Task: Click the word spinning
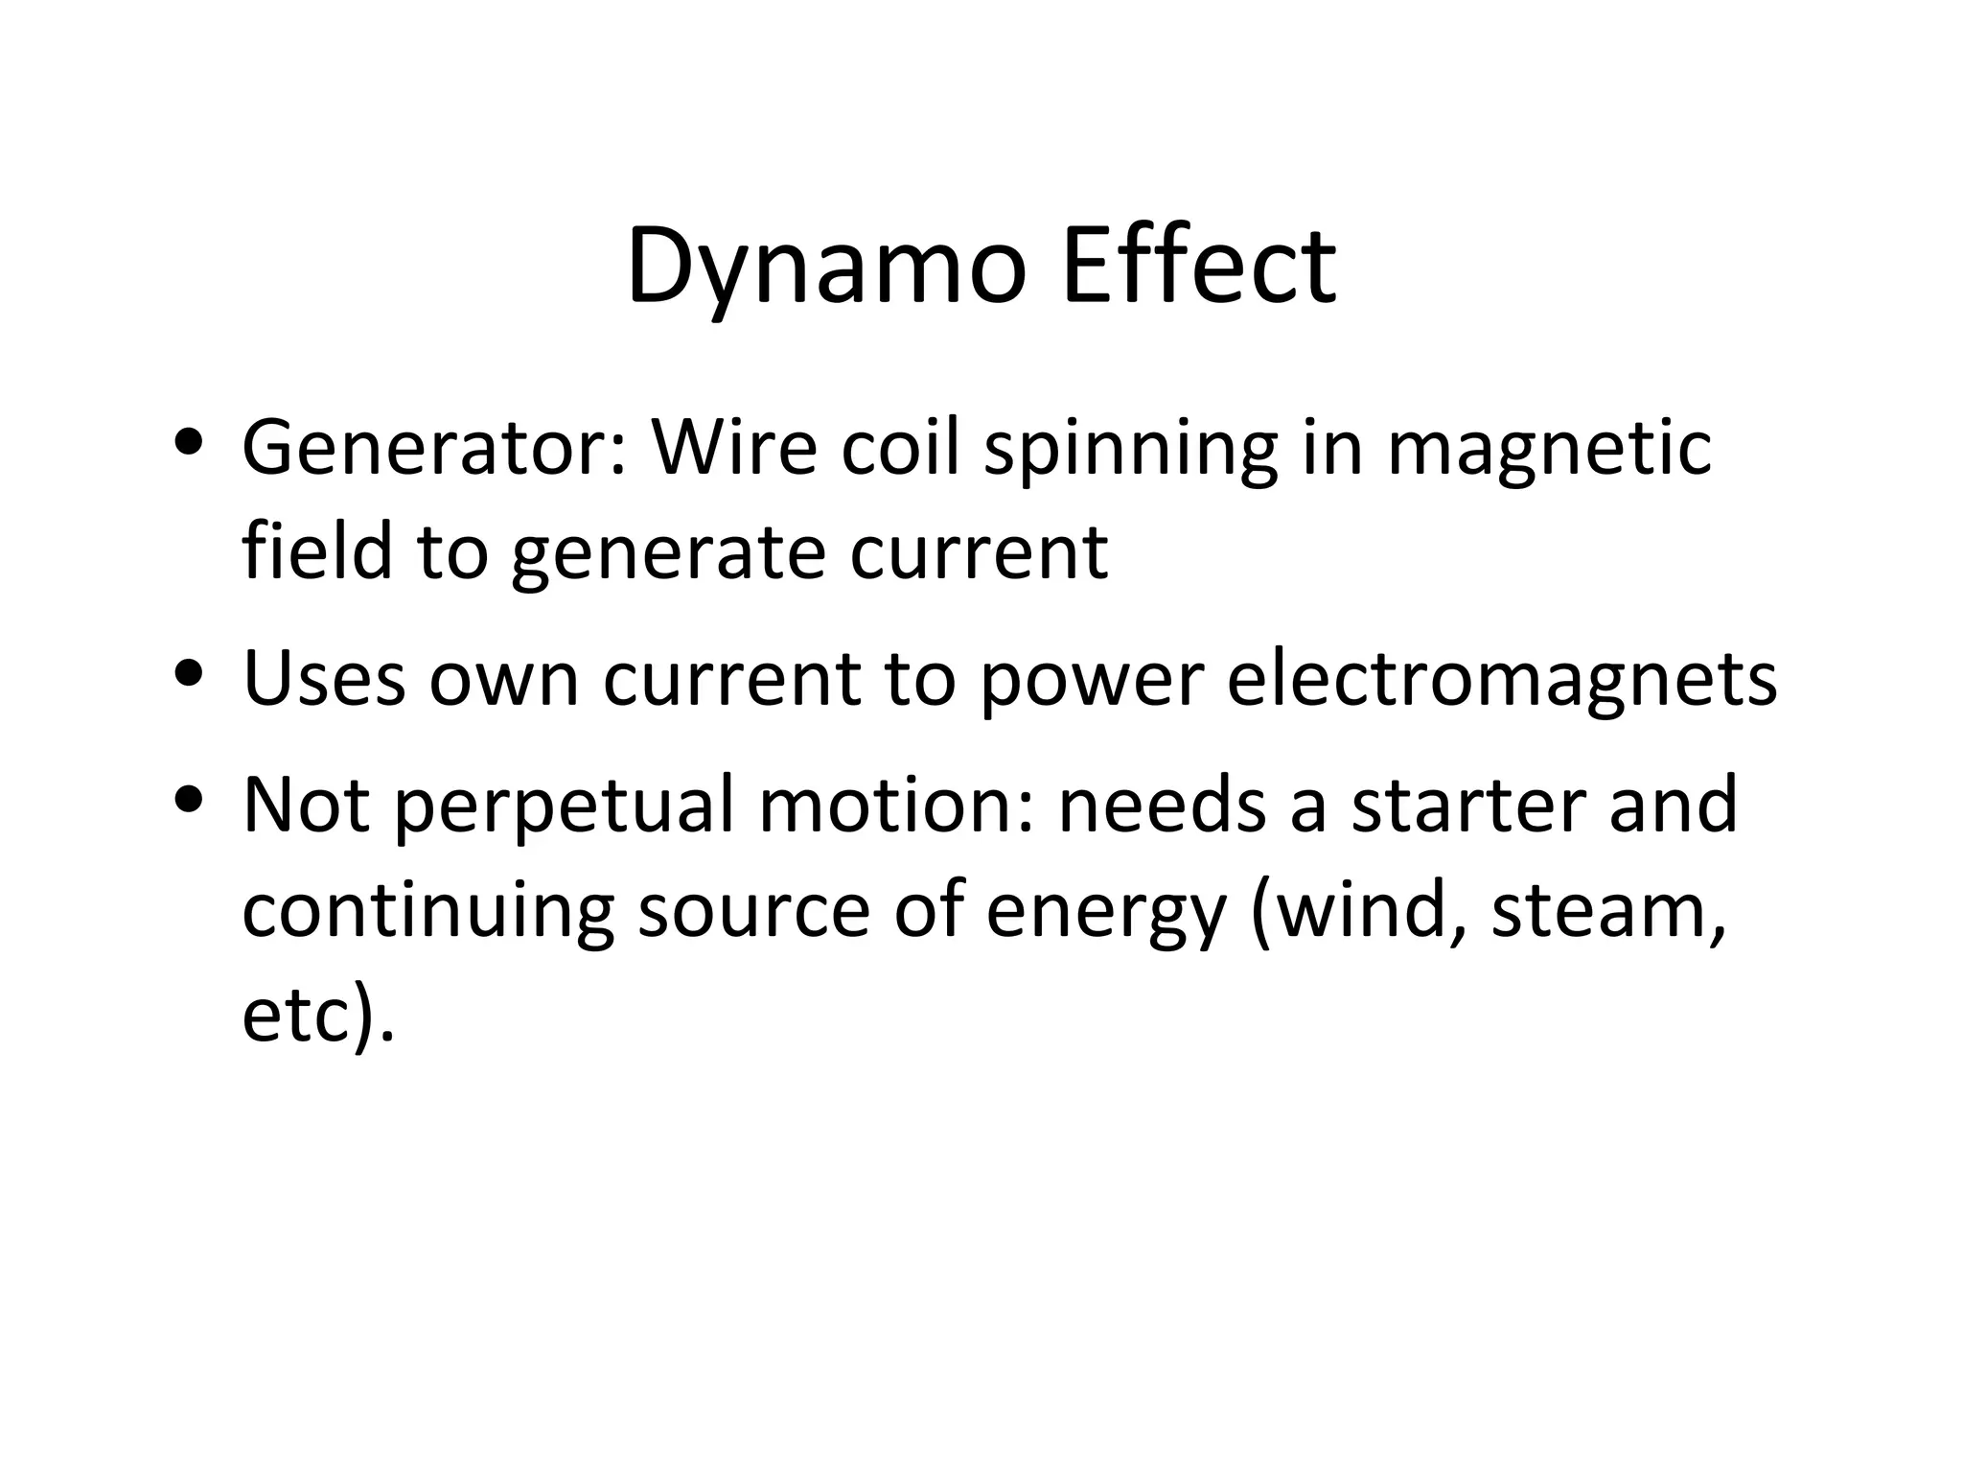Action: (x=1130, y=449)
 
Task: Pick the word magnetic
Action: (x=1549, y=449)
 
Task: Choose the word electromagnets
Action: (x=1501, y=680)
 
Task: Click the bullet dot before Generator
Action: (x=189, y=443)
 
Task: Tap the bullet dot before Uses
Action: (x=189, y=672)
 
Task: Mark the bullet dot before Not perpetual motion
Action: (x=189, y=798)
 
